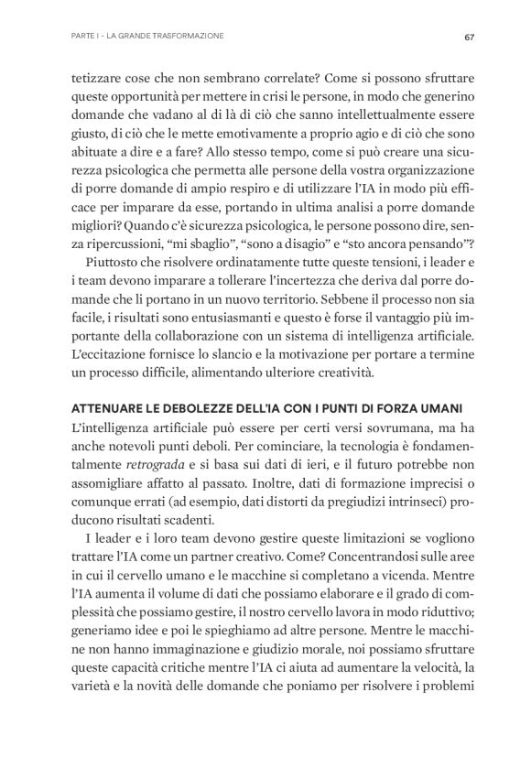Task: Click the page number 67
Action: point(467,37)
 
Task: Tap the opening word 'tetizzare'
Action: point(97,79)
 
